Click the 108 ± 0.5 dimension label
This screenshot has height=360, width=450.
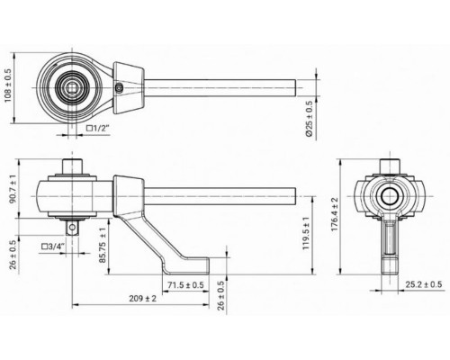(x=7, y=85)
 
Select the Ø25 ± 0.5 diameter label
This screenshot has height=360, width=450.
(x=310, y=119)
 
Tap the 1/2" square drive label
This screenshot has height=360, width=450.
(x=98, y=129)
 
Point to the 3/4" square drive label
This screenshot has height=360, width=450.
(x=53, y=247)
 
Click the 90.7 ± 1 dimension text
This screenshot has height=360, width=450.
(x=13, y=188)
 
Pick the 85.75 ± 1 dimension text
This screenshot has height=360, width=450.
(x=103, y=246)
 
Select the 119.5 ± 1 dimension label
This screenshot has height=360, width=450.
(x=306, y=233)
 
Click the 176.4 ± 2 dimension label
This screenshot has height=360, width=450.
(x=335, y=214)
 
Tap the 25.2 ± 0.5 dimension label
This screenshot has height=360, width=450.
(x=424, y=284)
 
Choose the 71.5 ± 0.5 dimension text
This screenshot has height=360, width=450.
(x=185, y=285)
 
